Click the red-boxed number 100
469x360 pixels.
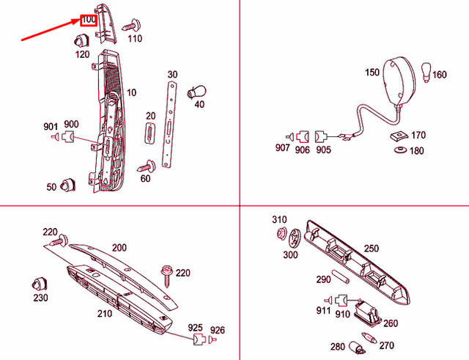87,19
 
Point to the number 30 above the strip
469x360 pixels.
172,74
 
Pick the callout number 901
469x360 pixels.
51,126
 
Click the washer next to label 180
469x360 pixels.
401,151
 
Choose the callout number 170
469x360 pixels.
418,135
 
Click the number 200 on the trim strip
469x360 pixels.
119,248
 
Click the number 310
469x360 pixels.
279,220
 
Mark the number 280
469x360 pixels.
336,347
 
